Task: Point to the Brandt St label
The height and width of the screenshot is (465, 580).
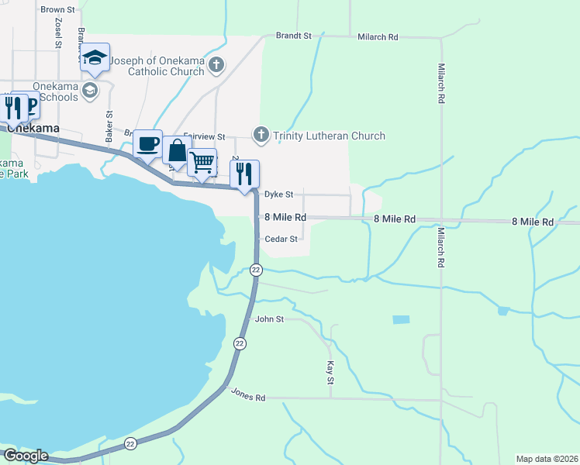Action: [293, 36]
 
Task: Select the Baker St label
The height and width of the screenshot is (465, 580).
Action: [109, 124]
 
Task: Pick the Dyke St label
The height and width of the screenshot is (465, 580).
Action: [278, 195]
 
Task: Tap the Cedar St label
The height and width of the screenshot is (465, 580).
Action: [281, 239]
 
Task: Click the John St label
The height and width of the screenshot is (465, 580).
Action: [270, 319]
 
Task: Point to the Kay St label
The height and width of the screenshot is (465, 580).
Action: [330, 372]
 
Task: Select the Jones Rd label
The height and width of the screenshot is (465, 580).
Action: [248, 394]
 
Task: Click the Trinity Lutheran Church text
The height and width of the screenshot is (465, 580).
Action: [330, 136]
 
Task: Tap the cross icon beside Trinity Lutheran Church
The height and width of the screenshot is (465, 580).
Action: [261, 136]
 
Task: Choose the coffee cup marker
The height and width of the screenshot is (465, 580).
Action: [147, 143]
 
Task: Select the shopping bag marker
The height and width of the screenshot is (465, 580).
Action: [177, 150]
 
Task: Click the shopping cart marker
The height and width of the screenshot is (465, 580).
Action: [202, 162]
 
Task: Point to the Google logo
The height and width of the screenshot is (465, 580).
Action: [25, 456]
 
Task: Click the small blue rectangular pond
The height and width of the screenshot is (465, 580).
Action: [401, 319]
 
